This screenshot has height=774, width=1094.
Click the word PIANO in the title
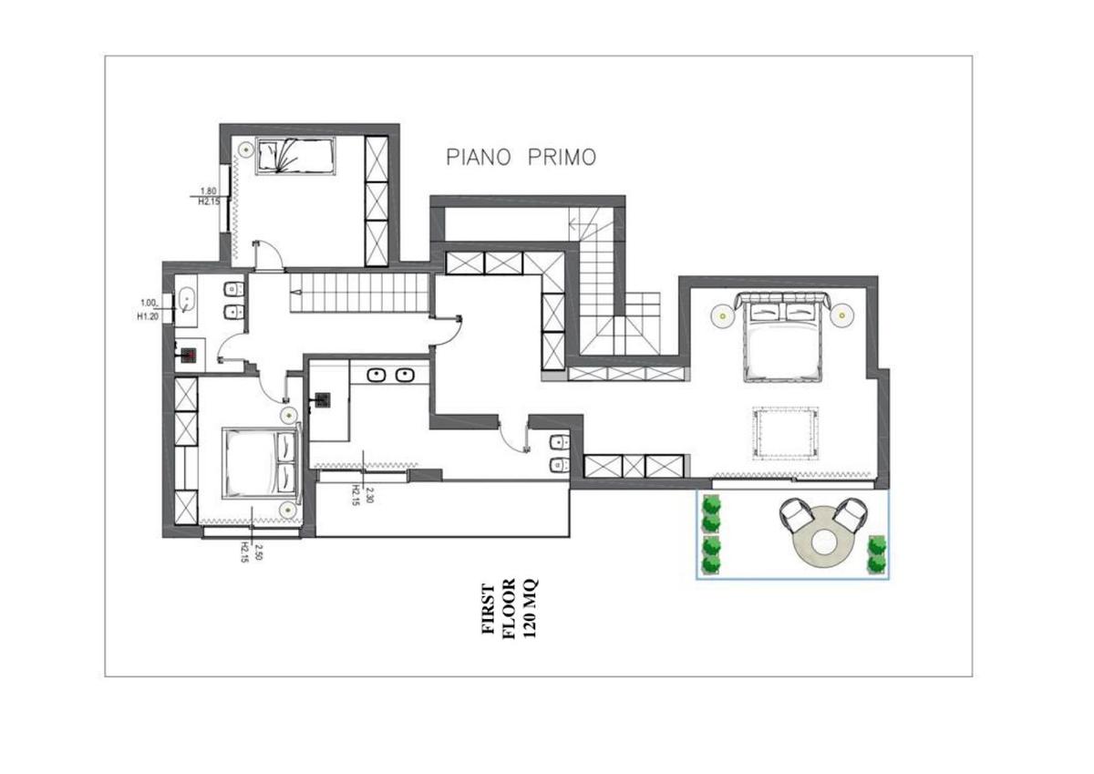coord(478,157)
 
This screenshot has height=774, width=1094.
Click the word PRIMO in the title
coord(562,157)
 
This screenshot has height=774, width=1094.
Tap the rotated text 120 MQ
coord(531,608)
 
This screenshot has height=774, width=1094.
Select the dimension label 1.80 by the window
coord(209,191)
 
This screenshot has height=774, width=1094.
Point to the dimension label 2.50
coord(258,552)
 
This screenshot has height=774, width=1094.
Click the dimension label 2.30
coord(369,495)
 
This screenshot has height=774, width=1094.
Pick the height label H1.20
coord(148,316)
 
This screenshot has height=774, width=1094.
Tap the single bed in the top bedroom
coord(296,156)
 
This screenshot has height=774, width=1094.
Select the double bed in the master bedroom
coord(782,336)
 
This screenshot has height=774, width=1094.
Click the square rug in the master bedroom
coord(785,433)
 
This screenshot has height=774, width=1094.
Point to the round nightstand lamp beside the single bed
coord(244,150)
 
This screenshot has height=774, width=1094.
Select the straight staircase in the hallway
coord(359,293)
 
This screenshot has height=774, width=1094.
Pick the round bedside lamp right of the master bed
coord(842,315)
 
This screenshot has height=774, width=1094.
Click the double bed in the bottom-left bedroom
coord(261,463)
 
